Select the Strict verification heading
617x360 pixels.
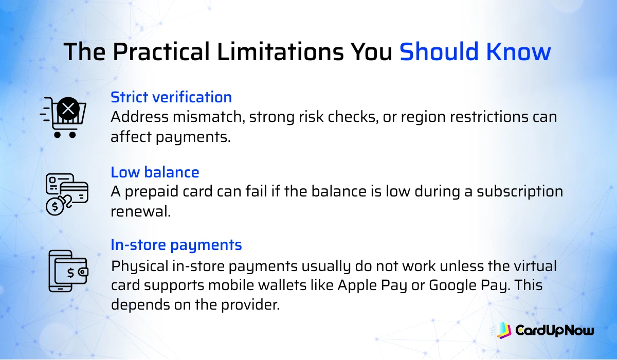pos(171,97)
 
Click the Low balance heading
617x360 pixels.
pos(155,172)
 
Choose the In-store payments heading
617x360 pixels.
pos(176,245)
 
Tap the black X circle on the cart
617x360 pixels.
pos(68,109)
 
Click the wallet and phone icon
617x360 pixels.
pos(67,271)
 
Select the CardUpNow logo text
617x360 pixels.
pos(554,330)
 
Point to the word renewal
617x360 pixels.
pos(140,211)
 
